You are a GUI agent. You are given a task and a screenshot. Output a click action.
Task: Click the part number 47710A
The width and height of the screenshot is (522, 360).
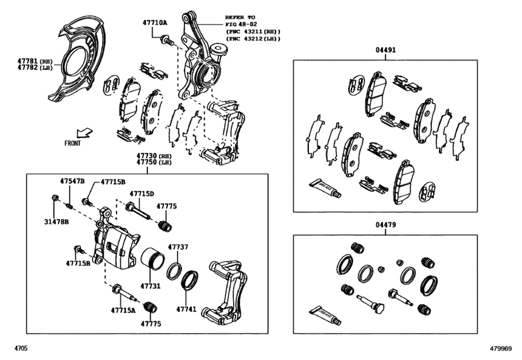tap(155, 22)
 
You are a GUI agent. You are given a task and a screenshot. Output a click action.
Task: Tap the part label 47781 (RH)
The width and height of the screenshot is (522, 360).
tap(35, 61)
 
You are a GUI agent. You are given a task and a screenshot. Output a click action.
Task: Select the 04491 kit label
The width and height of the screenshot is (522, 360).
tap(386, 50)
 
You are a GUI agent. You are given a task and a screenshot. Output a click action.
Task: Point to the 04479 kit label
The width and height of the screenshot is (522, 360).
tap(386, 225)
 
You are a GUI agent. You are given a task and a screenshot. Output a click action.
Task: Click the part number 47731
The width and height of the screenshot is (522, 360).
tap(150, 286)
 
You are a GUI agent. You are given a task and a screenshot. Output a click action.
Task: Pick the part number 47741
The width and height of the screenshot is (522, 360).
tap(187, 309)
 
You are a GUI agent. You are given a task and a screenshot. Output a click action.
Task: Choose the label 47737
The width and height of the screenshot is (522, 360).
tap(178, 247)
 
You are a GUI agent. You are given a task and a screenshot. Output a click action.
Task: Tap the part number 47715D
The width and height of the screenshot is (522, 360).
tap(142, 194)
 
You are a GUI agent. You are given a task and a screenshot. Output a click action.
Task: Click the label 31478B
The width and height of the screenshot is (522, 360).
tap(56, 221)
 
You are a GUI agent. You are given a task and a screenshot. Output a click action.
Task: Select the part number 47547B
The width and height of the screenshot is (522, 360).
tap(72, 181)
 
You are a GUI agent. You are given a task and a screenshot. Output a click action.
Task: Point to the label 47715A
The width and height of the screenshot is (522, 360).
tap(123, 310)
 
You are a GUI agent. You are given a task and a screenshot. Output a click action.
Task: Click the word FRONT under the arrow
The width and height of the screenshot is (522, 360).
tap(73, 143)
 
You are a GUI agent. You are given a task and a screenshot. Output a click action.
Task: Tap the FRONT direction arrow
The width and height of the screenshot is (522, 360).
tap(84, 133)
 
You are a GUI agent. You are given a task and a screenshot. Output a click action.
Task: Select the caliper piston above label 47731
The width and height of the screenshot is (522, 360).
tap(152, 259)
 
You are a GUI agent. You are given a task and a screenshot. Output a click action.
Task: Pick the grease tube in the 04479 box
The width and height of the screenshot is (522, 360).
tap(325, 314)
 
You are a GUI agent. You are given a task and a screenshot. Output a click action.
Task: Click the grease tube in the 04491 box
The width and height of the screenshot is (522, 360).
tap(325, 188)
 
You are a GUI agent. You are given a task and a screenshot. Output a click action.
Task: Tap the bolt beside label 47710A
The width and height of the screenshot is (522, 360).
tap(167, 40)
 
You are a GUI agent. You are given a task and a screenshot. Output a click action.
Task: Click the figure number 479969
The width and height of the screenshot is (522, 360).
tap(500, 348)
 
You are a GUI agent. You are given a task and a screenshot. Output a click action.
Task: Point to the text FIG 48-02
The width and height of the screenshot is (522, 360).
tap(241, 24)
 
